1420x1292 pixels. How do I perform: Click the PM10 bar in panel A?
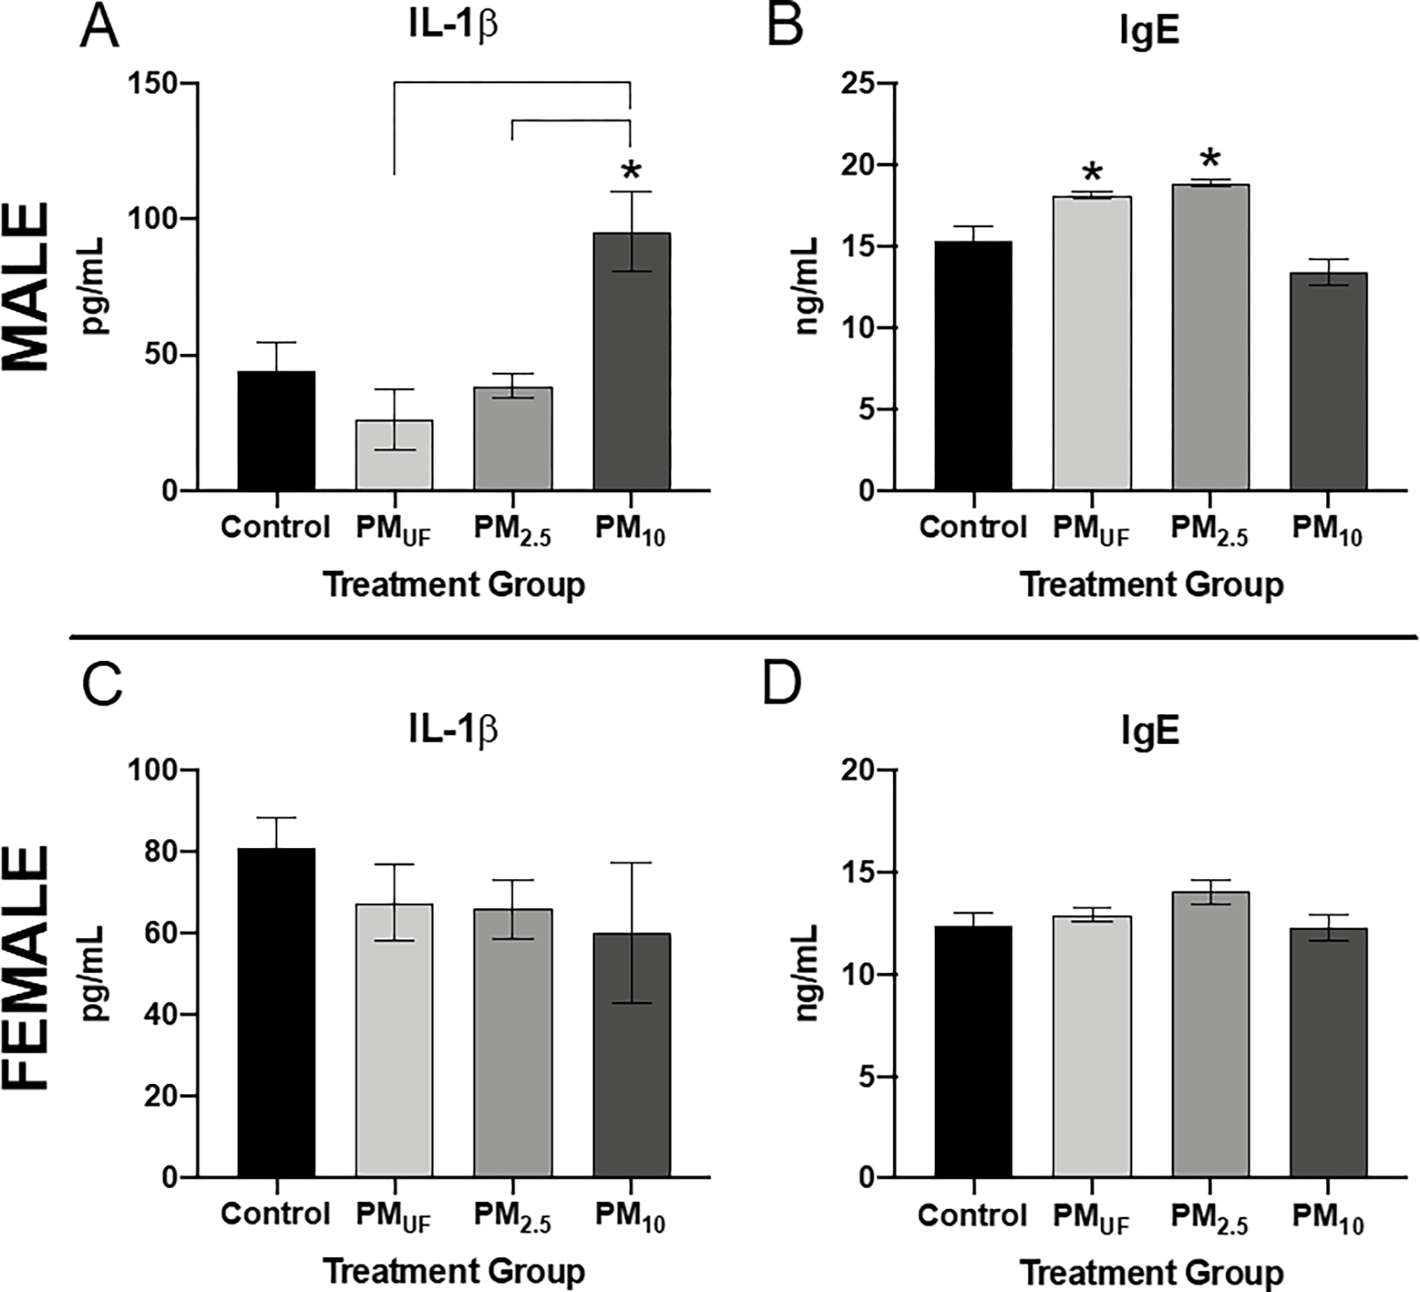coord(631,361)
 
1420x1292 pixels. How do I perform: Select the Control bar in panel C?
coord(276,1012)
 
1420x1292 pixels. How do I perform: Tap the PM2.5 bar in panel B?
coord(1210,337)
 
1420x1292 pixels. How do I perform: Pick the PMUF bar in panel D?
coord(1092,1046)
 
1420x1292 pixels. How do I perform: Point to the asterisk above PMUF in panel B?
coord(1092,174)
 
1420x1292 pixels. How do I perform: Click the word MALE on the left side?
coord(27,287)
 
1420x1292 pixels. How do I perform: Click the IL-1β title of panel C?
coord(454,730)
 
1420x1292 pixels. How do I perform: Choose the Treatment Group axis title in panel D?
coord(1152,1272)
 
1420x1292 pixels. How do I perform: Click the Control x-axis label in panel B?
coord(973,527)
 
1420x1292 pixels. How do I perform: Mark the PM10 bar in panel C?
coord(631,1055)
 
